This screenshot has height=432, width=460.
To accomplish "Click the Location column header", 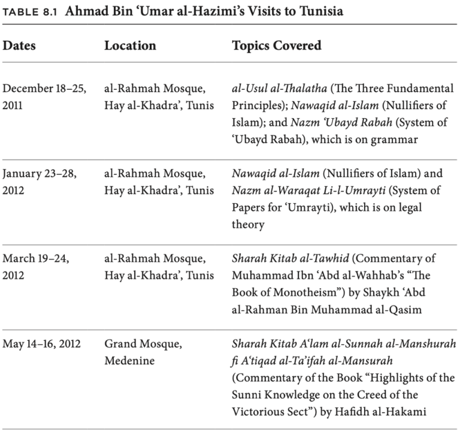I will pyautogui.click(x=130, y=46).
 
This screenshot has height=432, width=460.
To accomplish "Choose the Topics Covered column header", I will pyautogui.click(x=276, y=46).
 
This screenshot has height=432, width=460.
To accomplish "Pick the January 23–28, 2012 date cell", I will pyautogui.click(x=40, y=182).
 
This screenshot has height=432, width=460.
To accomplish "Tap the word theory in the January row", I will pyautogui.click(x=248, y=225).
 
